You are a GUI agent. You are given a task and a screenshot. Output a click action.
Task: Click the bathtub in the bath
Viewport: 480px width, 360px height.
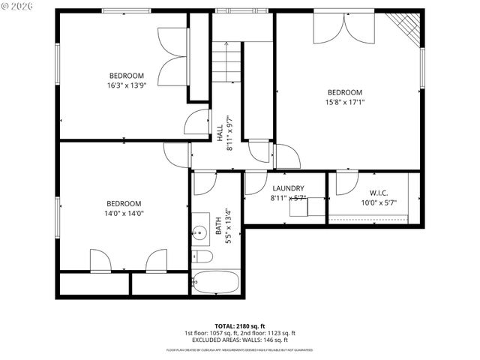[x=216, y=283]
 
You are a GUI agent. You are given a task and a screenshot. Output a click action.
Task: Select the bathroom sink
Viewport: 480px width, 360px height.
[x=200, y=233]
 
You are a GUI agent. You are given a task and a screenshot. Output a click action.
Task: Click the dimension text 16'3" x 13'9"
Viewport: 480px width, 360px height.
[x=127, y=85]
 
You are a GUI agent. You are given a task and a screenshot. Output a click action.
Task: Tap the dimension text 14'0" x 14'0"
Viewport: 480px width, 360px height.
[x=124, y=214]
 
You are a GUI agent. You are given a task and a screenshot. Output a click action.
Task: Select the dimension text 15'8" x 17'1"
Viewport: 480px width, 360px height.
[x=344, y=103]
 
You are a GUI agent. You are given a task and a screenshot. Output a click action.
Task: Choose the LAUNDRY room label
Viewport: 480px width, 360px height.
[x=288, y=188]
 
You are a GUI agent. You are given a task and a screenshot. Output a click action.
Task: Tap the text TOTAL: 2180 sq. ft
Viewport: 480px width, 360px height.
[x=239, y=325]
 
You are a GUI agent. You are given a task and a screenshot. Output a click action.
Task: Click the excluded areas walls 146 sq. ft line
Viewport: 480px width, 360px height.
[x=239, y=340]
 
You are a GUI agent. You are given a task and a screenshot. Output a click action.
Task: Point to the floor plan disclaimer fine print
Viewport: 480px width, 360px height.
[x=239, y=349]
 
